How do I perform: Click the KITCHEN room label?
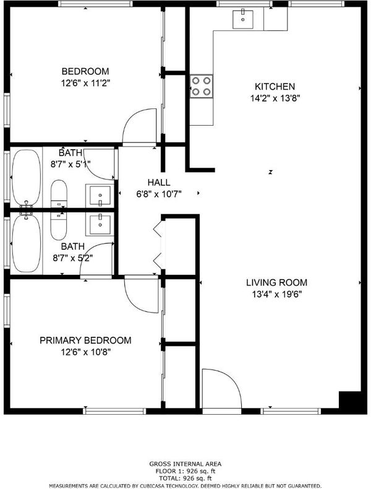275,87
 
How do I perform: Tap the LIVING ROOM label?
276,282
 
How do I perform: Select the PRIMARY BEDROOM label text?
85,340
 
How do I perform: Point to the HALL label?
159,182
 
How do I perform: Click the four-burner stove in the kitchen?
201,87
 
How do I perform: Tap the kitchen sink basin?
242,19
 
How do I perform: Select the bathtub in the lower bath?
27,243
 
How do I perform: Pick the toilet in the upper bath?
59,193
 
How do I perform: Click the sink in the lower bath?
100,225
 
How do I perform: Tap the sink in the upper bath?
100,195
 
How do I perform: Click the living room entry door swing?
221,388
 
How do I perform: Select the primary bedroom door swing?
142,294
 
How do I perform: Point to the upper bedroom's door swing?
139,127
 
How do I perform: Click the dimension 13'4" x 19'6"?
276,294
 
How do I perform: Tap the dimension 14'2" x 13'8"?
275,98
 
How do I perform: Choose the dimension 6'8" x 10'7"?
159,194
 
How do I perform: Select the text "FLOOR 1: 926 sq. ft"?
185,471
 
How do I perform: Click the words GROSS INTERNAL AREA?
185,464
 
